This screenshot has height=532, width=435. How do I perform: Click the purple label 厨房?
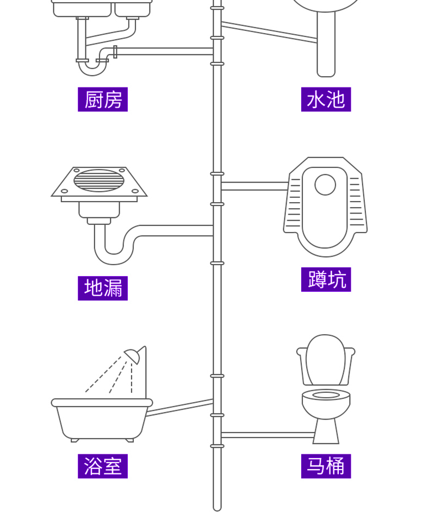pos(103,99)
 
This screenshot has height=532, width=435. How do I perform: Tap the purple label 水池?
pos(326,99)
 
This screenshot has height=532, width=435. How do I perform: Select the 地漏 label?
pos(103,288)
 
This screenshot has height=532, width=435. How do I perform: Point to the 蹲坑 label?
pos(326,279)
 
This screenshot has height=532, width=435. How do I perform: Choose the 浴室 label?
pos(103,466)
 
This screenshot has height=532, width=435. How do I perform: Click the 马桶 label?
pos(326,466)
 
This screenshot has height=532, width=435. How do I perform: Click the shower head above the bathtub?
pos(133,356)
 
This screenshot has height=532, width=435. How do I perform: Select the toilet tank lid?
pos(325,359)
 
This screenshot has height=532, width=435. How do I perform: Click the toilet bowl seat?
pos(326,395)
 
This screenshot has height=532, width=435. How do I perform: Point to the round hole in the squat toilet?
pos(325,184)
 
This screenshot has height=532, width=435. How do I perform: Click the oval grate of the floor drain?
pos(99,180)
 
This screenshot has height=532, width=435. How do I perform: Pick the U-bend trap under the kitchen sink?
pos(90,68)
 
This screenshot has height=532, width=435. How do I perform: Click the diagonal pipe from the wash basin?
pos(269,31)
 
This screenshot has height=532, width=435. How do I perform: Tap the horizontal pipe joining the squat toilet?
pos(253,186)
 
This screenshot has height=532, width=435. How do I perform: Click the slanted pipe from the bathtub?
pos(179,408)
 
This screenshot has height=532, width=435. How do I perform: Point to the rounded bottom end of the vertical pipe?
pos(217,506)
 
